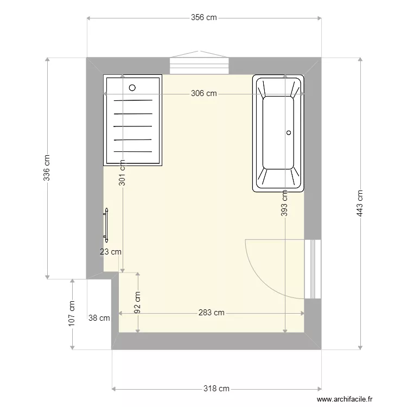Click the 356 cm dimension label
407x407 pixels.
[x=203, y=17]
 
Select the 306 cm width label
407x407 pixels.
[x=203, y=93]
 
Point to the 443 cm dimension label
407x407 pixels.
[x=359, y=203]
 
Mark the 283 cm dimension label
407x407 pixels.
[x=211, y=313]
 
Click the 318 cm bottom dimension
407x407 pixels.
[x=217, y=389]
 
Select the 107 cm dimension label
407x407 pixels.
[x=72, y=314]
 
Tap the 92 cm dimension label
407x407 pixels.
[x=138, y=303]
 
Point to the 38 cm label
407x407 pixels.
[x=99, y=318]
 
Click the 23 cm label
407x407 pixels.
[x=111, y=251]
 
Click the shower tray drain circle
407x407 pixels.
[x=132, y=87]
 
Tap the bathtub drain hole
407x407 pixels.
[x=289, y=132]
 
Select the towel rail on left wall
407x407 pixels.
[x=106, y=224]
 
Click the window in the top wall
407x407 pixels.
[x=199, y=65]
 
